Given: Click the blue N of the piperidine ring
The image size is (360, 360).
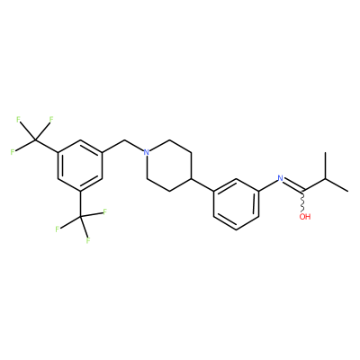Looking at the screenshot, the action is (146, 152).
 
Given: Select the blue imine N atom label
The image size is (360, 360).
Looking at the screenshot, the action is (281, 178).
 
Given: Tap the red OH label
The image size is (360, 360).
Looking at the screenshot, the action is (305, 216).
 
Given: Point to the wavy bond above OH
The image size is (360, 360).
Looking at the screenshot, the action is (303, 201).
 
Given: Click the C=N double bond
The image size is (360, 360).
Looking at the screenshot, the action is (293, 185).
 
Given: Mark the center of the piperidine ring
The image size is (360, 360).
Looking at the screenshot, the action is (169, 166).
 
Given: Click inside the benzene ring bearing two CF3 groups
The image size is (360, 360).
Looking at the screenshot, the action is (80, 166).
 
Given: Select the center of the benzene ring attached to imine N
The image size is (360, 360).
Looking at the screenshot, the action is (236, 204).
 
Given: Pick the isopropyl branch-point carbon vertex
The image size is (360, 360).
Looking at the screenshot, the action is (325, 178).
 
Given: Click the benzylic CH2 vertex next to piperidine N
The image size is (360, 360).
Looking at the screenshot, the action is (125, 139).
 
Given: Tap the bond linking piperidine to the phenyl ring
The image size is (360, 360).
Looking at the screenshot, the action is (202, 184).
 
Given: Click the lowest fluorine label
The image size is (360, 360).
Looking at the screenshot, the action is (88, 240).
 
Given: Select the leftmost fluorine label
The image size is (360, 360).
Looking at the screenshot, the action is (13, 152).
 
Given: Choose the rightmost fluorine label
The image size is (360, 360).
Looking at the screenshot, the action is (104, 212).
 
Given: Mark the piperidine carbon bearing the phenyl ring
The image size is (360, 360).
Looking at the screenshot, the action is (192, 178).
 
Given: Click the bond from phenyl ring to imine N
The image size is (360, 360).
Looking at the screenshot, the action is (268, 184).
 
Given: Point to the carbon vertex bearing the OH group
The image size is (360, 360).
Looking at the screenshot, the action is (303, 191).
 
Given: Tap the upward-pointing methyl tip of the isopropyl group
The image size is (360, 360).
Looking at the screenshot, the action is (325, 152).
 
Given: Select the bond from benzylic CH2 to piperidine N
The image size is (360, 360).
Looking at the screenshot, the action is (134, 145).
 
